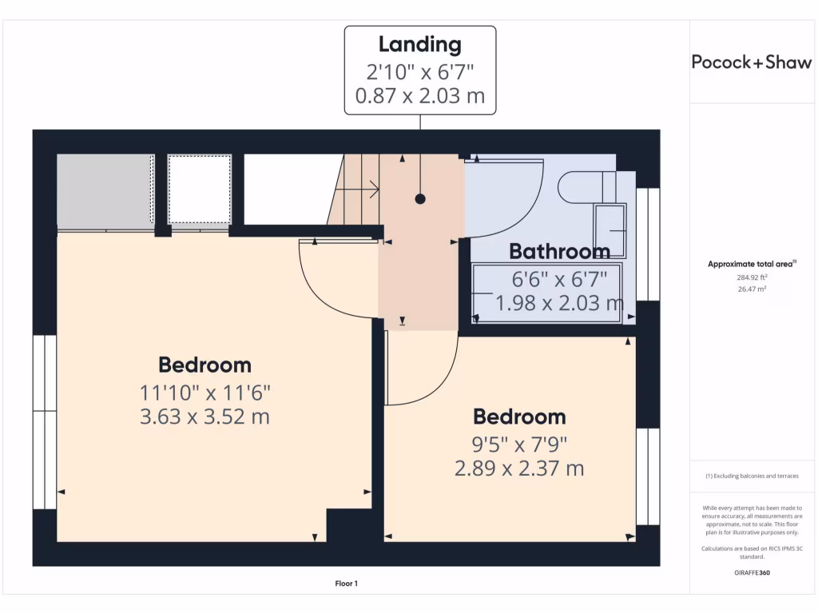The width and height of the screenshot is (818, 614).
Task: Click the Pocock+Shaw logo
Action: [751, 62]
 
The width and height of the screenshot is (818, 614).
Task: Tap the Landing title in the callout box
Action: [419, 44]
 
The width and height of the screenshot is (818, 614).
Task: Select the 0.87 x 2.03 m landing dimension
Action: [419, 97]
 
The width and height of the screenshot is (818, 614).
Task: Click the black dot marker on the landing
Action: [420, 199]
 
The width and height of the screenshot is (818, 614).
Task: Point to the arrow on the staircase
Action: [370, 189]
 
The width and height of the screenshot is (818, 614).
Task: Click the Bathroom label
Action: [559, 251]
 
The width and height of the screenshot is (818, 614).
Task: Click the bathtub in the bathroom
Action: [548, 294]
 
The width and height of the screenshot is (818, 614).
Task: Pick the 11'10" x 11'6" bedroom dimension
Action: [205, 393]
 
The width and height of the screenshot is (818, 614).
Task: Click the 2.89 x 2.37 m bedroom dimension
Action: [519, 468]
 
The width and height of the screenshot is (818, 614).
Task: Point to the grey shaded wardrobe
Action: [104, 189]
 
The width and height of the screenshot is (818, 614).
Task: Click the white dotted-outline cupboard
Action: [200, 189]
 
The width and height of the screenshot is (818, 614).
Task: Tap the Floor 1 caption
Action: [346, 584]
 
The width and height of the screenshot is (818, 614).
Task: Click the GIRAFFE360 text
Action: [751, 572]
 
